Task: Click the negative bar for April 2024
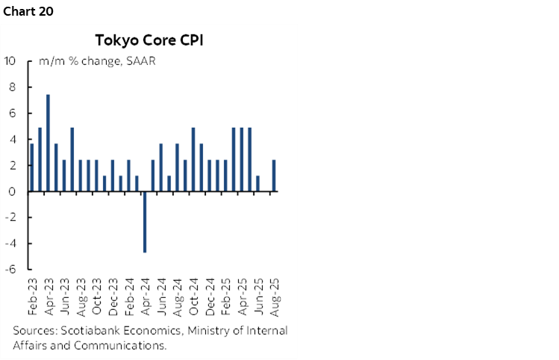145,222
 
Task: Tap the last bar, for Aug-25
274,176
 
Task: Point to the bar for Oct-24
193,159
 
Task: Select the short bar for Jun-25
257,184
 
